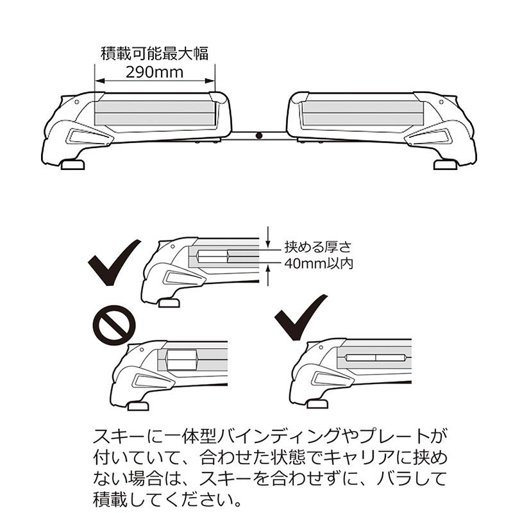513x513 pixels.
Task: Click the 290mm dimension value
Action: coord(155,72)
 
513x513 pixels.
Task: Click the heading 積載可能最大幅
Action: coord(155,53)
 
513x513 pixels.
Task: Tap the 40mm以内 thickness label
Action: coord(319,263)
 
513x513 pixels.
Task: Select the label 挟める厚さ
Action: coord(317,247)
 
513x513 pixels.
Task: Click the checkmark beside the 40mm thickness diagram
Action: coord(114,262)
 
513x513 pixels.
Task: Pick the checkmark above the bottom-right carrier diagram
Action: coord(300,317)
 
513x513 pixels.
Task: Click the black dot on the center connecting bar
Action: coord(259,135)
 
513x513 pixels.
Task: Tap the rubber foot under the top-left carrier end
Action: coord(72,164)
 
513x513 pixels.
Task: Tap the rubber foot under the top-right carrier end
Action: coord(445,164)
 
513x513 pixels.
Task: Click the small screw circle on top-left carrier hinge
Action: coord(76,102)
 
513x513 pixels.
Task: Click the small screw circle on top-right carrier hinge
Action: coord(441,102)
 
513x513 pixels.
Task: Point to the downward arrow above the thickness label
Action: coord(268,237)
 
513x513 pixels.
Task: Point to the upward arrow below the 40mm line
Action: coord(268,275)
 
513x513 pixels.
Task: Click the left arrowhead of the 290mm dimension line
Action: coord(99,81)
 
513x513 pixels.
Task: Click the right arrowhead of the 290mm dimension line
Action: coord(210,81)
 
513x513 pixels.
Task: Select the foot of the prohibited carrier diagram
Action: coord(138,406)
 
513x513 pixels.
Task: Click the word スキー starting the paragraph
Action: coord(119,436)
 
